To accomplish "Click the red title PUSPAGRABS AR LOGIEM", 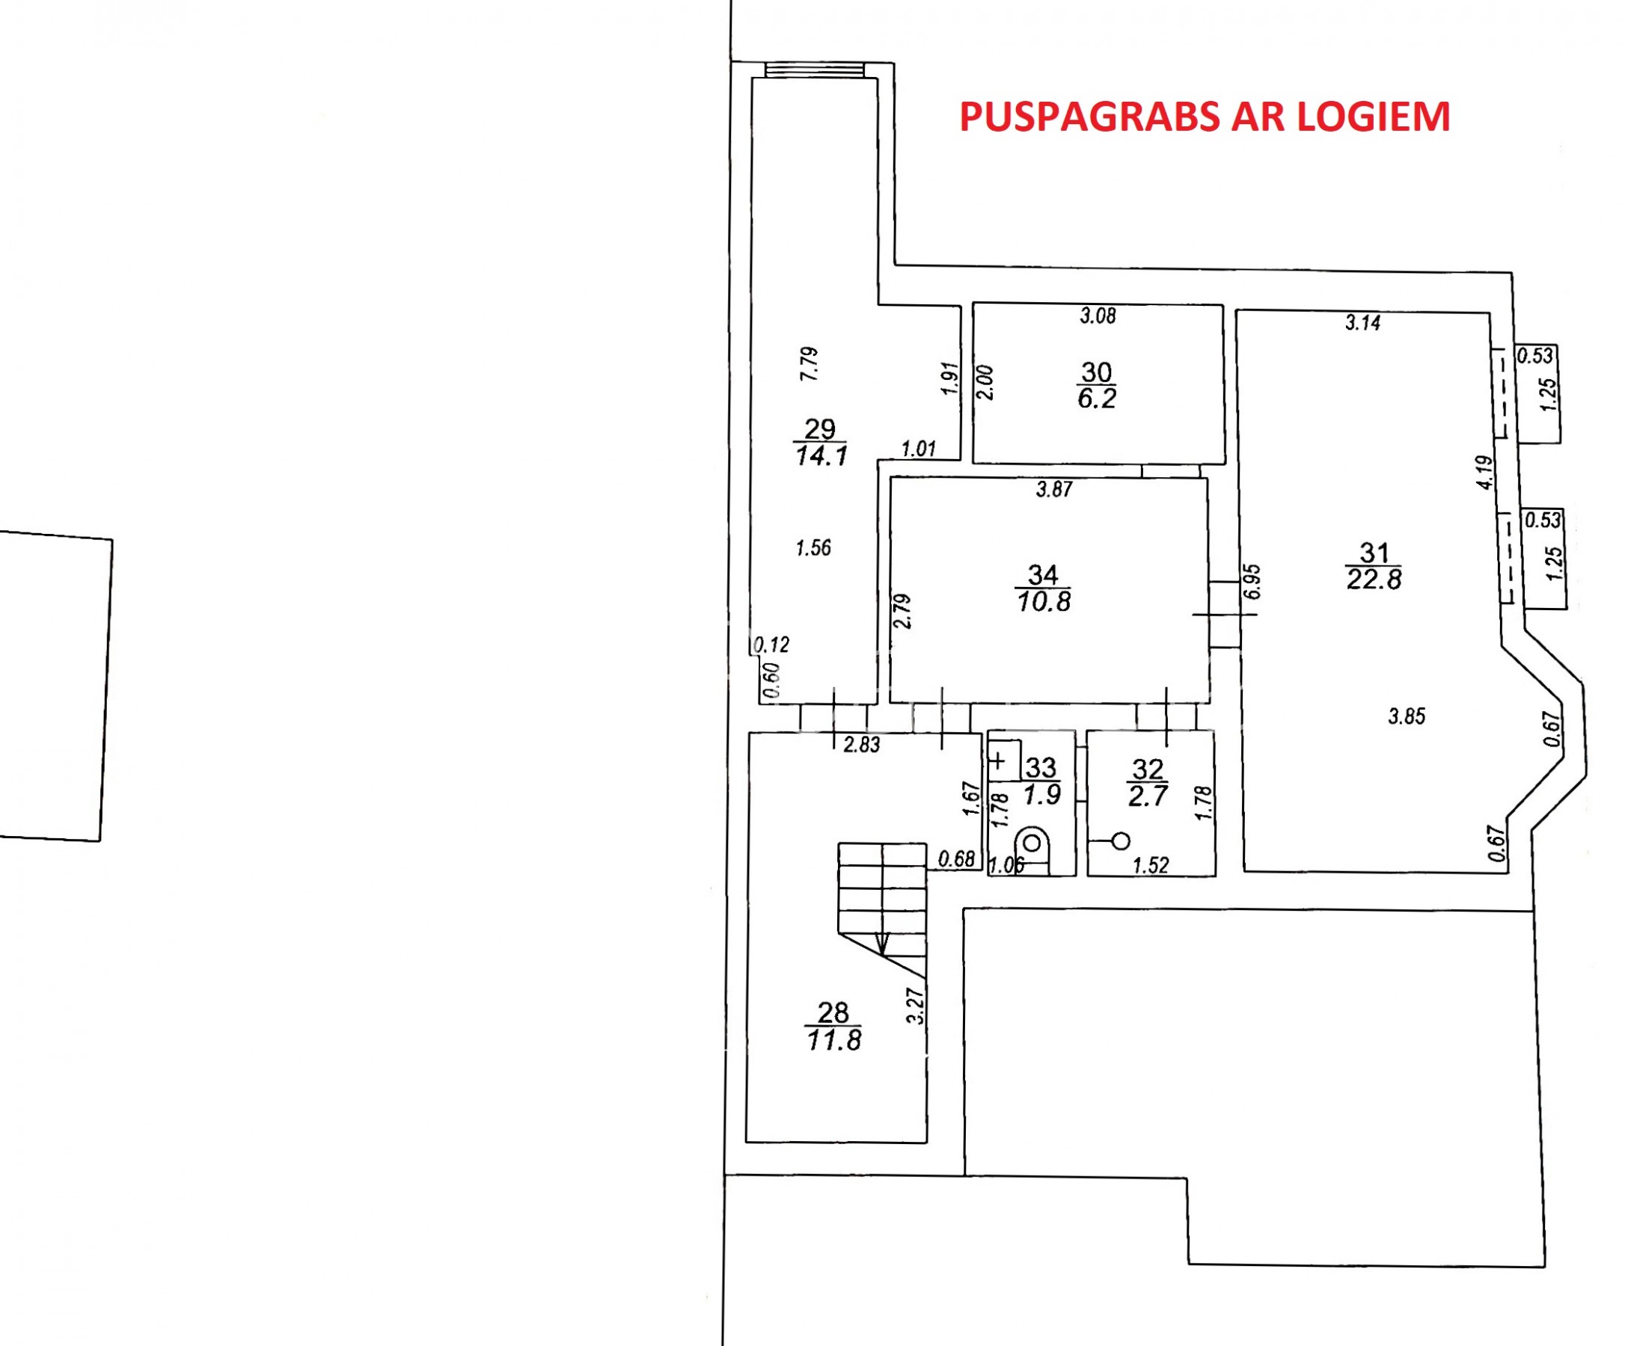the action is (x=1205, y=117).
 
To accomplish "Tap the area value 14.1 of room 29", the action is (x=821, y=455).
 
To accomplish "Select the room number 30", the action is (x=1097, y=372).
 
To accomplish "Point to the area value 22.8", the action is (x=1374, y=579).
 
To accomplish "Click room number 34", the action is (x=1043, y=574).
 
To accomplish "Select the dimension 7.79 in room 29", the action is (x=809, y=363).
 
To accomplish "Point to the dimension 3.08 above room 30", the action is (x=1098, y=316).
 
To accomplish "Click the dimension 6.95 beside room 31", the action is (x=1253, y=581).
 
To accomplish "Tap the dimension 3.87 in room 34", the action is (x=1054, y=489).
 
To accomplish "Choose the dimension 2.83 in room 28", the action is (x=861, y=744).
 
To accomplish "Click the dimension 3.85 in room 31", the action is (x=1406, y=716).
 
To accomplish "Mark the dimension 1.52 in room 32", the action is (x=1151, y=866).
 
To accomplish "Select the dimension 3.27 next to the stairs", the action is (x=916, y=1006).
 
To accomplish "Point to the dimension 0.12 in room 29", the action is (x=771, y=645).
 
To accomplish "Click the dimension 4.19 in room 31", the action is (x=1484, y=472).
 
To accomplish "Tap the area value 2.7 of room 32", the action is (x=1148, y=795).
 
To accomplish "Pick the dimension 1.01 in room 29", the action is (x=919, y=448).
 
